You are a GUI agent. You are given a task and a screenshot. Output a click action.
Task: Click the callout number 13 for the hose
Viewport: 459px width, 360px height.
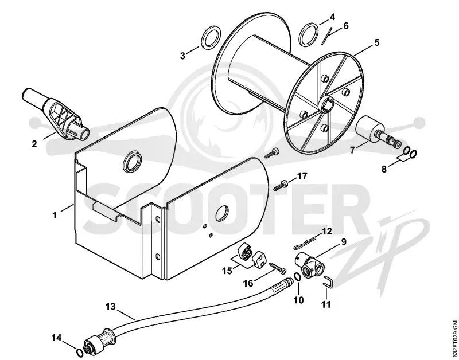pyautogui.click(x=111, y=307)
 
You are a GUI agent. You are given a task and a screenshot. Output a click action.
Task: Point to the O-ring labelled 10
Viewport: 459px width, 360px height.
pyautogui.click(x=296, y=277)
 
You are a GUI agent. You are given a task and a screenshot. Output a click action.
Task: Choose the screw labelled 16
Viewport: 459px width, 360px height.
pyautogui.click(x=278, y=268)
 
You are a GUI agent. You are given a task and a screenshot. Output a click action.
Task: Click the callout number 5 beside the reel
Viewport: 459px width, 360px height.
pyautogui.click(x=377, y=42)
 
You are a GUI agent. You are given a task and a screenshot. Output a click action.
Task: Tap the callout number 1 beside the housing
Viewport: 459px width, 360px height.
pyautogui.click(x=55, y=215)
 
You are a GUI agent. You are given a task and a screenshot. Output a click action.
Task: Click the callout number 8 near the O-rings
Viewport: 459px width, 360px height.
pyautogui.click(x=384, y=169)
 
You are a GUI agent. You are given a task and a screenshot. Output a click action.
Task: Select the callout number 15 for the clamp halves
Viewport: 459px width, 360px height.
pyautogui.click(x=227, y=271)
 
